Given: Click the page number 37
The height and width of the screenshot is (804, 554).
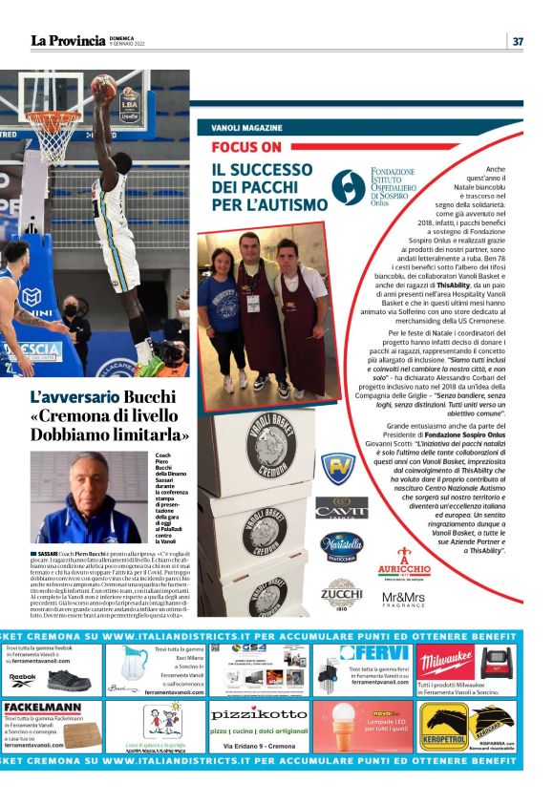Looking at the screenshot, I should click(518, 41).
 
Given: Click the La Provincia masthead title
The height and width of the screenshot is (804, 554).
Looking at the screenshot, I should click(67, 41).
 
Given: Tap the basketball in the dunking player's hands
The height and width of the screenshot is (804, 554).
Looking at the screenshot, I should click(102, 87).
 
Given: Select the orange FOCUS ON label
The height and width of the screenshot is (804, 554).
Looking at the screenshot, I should click(246, 147).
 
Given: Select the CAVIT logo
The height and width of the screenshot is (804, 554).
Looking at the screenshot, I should click(341, 507).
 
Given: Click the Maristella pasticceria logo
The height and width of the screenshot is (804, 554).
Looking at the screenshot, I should click(341, 545).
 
